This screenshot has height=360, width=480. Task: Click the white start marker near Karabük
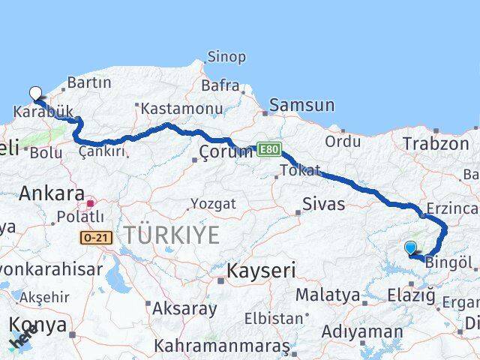(34, 93)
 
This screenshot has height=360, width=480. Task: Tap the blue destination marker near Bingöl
(410, 247)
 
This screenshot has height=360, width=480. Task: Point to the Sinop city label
(226, 57)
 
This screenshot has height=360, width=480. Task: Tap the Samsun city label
(301, 106)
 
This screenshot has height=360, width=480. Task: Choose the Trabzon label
(435, 143)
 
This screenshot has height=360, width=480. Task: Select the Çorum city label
(226, 152)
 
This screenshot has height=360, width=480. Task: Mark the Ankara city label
(51, 193)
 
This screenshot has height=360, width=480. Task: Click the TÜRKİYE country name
(172, 235)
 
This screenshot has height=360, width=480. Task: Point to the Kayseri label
(261, 271)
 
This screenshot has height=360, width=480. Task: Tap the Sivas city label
(323, 204)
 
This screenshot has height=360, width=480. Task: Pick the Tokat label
(300, 171)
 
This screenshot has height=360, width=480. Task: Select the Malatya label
(328, 295)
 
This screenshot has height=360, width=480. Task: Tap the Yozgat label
(212, 204)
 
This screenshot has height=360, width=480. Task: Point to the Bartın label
(88, 82)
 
